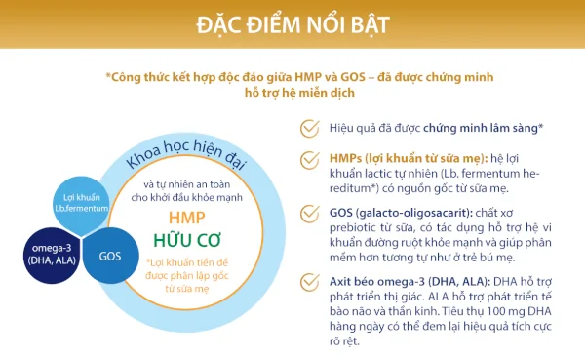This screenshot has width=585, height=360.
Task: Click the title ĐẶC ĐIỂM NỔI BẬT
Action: pos(292,21)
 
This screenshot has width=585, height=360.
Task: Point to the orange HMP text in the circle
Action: pos(187,218)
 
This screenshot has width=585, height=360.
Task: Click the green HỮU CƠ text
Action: pos(187,240)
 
